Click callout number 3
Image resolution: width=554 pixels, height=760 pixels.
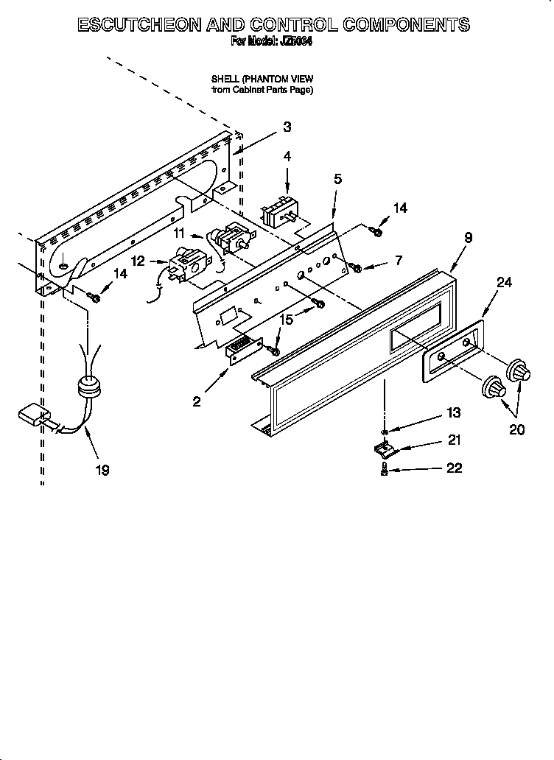(287, 127)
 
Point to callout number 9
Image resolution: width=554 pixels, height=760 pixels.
(468, 237)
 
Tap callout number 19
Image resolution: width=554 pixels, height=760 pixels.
(102, 470)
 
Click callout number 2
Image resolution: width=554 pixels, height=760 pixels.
(197, 401)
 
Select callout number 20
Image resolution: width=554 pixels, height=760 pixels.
(516, 429)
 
